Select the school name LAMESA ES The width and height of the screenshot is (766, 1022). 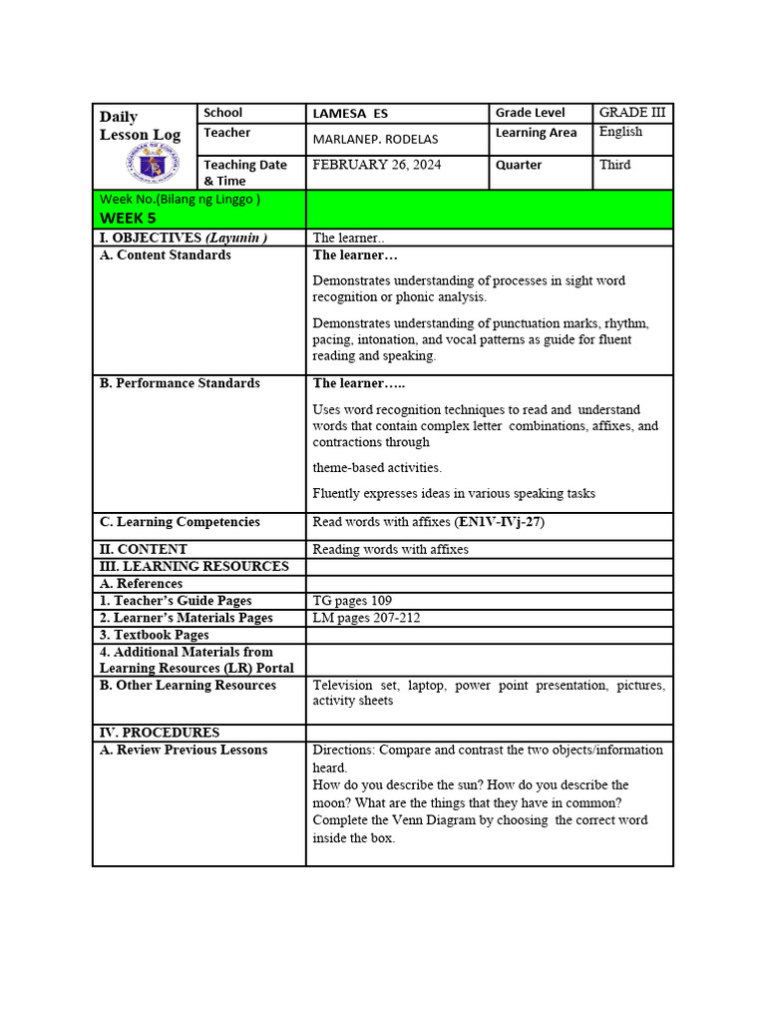pyautogui.click(x=350, y=114)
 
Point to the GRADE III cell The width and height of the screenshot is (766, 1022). pyautogui.click(x=632, y=113)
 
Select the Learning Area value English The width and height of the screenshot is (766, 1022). pyautogui.click(x=620, y=132)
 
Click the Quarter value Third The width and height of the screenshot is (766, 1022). pyautogui.click(x=614, y=165)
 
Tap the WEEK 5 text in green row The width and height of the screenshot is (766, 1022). pyautogui.click(x=128, y=218)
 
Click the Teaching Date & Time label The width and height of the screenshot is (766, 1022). pyautogui.click(x=245, y=173)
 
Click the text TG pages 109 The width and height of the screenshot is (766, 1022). pyautogui.click(x=352, y=601)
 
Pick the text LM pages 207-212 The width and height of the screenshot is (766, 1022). pyautogui.click(x=366, y=618)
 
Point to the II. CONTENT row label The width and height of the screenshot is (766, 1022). pyautogui.click(x=144, y=549)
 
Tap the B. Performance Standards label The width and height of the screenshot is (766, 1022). pyautogui.click(x=180, y=383)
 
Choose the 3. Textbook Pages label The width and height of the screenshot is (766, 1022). pyautogui.click(x=155, y=635)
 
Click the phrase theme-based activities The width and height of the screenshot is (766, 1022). pyautogui.click(x=377, y=467)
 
